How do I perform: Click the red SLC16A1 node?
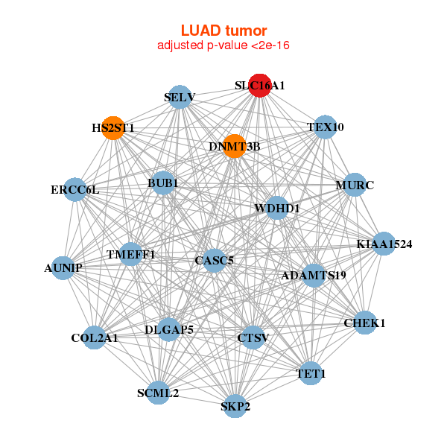click(x=259, y=86)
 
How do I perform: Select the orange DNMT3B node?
click(x=235, y=146)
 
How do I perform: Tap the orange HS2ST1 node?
click(x=112, y=127)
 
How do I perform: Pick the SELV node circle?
click(x=180, y=97)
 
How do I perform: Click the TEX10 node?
click(x=325, y=127)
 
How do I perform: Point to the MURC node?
click(x=354, y=185)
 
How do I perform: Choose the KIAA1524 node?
click(x=384, y=244)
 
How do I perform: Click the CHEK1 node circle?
click(x=364, y=323)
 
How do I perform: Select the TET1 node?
click(x=311, y=372)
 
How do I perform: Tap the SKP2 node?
click(x=235, y=406)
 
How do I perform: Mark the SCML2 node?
click(x=158, y=393)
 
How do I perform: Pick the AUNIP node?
click(x=63, y=267)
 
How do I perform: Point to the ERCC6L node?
click(x=74, y=190)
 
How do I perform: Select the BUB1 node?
click(x=163, y=183)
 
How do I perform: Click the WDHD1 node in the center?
click(x=277, y=209)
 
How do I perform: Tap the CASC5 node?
click(x=214, y=260)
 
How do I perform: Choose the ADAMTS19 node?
click(x=314, y=276)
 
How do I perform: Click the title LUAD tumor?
click(x=223, y=31)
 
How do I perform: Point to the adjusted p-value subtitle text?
click(x=223, y=45)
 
